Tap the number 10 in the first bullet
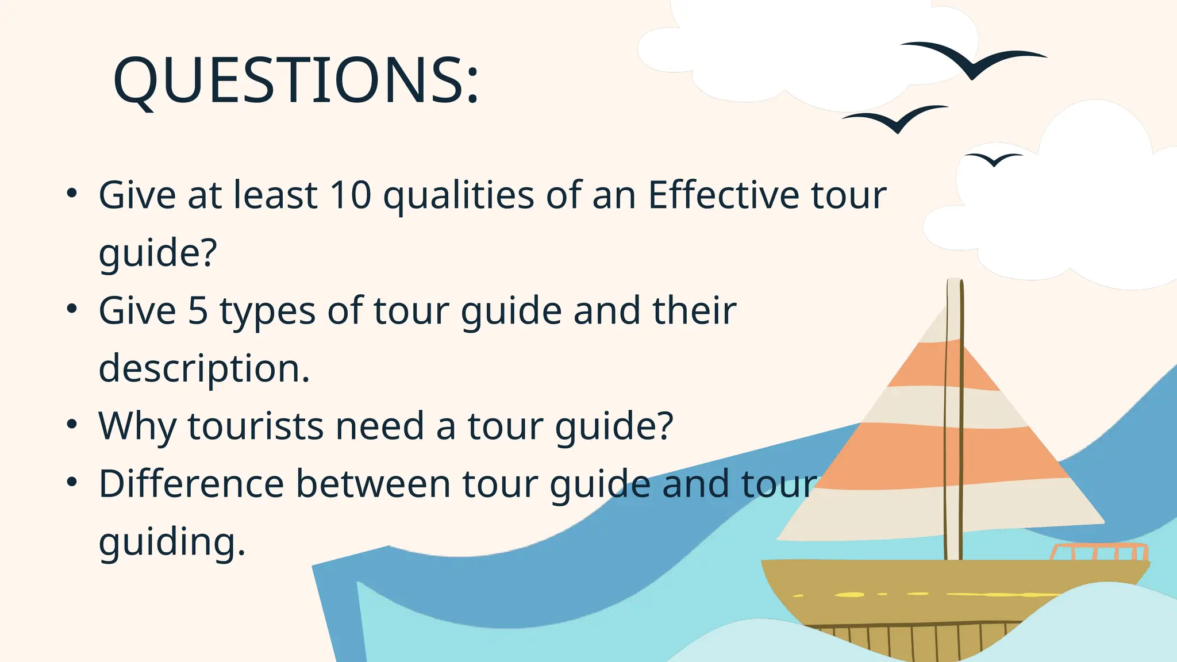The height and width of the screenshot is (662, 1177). (351, 195)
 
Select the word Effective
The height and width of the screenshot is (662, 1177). (724, 195)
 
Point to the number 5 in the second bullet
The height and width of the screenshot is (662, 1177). (198, 310)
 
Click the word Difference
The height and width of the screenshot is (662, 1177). (191, 483)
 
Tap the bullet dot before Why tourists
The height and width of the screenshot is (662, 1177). (71, 425)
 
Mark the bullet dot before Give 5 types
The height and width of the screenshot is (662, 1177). (71, 310)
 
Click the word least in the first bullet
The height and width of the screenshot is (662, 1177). (275, 195)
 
